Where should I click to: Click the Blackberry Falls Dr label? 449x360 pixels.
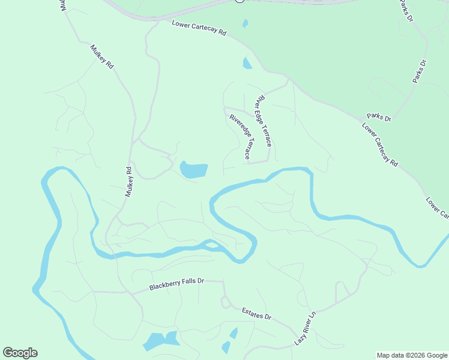[177, 284]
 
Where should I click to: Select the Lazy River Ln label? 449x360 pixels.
[305, 328]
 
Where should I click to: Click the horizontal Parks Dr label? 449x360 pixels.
[379, 118]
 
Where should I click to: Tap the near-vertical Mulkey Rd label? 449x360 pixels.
[128, 182]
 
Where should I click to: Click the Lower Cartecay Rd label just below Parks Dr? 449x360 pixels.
[381, 145]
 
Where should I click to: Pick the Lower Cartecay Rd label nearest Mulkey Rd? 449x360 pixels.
[199, 28]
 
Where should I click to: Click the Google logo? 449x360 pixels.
[20, 353]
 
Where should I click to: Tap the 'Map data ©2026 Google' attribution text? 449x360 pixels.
[412, 355]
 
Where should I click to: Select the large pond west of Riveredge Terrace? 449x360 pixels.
[193, 170]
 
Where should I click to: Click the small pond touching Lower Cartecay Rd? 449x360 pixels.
[247, 62]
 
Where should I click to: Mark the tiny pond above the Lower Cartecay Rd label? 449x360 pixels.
[245, 24]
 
